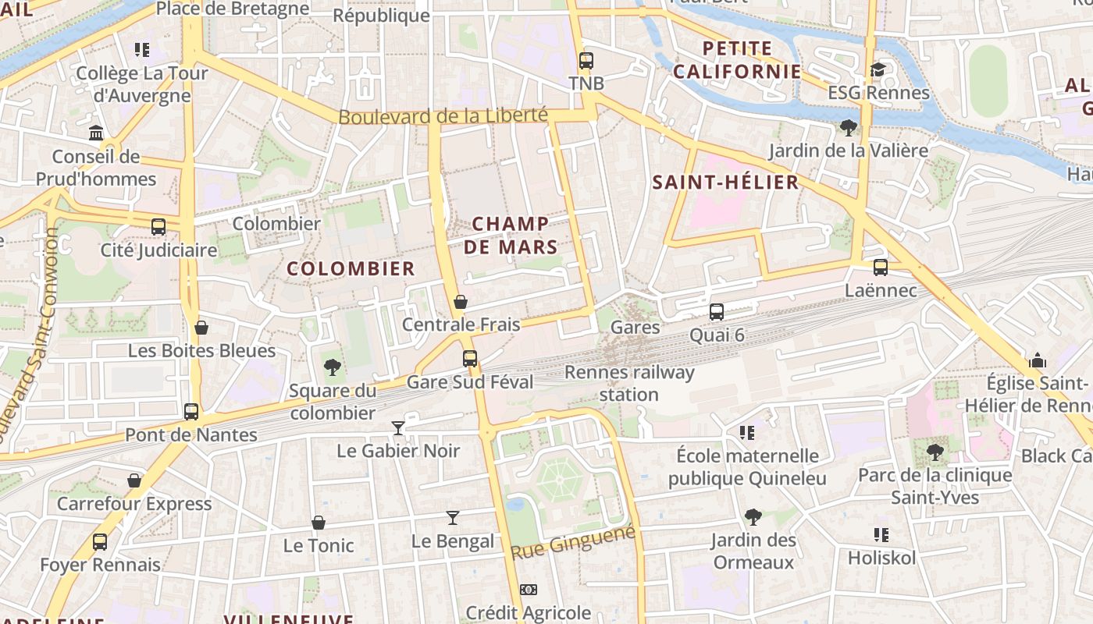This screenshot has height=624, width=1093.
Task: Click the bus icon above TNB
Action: coord(586,60)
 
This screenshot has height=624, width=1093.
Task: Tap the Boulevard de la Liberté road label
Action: coord(443,116)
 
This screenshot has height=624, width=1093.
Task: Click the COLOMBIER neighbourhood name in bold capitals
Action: coord(351,269)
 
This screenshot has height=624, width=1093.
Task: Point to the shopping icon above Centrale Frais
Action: coord(461,302)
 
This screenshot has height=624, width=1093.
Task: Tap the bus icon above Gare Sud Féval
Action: coord(469,359)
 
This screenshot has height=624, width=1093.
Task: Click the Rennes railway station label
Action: coord(629,383)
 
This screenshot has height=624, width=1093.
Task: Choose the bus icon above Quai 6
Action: coord(717,312)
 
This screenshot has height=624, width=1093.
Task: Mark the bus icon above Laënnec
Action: coord(881,268)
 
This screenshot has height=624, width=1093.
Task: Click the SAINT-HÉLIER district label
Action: coord(725,183)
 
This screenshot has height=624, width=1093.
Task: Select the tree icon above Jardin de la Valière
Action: coord(848,127)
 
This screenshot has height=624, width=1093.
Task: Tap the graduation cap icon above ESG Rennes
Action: coord(878,70)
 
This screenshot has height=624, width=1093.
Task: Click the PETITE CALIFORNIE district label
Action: coord(737,60)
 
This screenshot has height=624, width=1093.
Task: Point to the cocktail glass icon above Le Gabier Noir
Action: coord(398,427)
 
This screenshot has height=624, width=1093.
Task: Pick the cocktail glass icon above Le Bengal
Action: coord(453,517)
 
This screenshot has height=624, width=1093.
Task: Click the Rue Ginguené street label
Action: coord(573,542)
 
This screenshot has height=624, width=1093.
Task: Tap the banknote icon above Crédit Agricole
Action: coord(529,590)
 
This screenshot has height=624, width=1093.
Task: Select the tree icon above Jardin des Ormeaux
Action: coord(753,516)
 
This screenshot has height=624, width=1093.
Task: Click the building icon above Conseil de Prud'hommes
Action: coord(96,133)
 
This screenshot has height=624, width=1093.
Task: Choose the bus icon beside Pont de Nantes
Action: coord(191,412)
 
